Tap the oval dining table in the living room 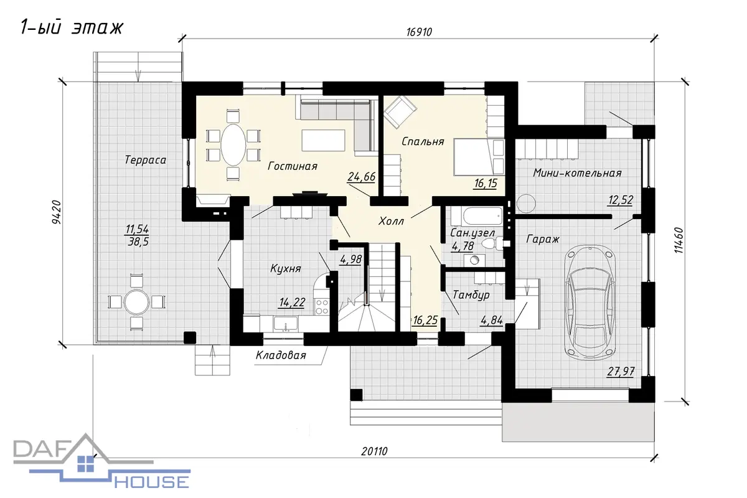(233, 145)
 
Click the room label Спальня (423, 141)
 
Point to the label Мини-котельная (577, 173)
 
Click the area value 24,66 (361, 176)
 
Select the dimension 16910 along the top (419, 32)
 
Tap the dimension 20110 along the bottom (374, 451)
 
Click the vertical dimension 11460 (679, 240)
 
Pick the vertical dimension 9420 (57, 212)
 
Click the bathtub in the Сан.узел (477, 216)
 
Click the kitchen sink (286, 324)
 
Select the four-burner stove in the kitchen (322, 307)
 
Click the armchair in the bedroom (400, 112)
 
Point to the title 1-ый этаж (72, 27)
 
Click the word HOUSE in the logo (152, 482)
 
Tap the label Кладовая (281, 355)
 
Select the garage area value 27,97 (620, 372)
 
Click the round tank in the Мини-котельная (526, 204)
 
